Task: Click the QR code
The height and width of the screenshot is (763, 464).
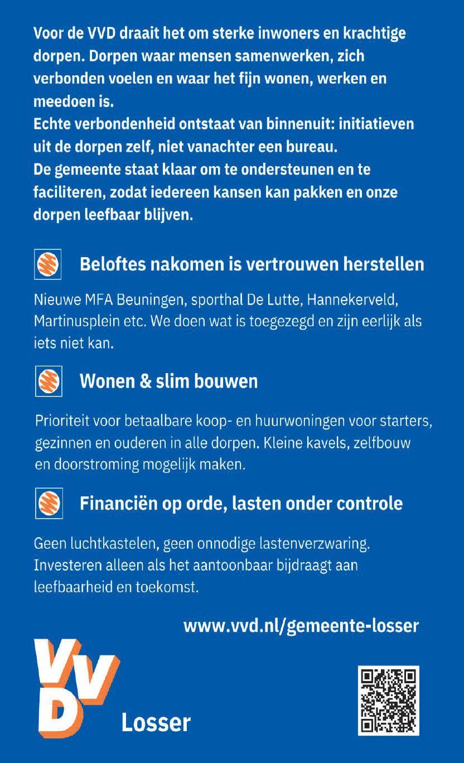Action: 388,700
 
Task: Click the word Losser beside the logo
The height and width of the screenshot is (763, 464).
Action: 156,723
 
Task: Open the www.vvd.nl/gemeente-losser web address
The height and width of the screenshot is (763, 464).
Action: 301,625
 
